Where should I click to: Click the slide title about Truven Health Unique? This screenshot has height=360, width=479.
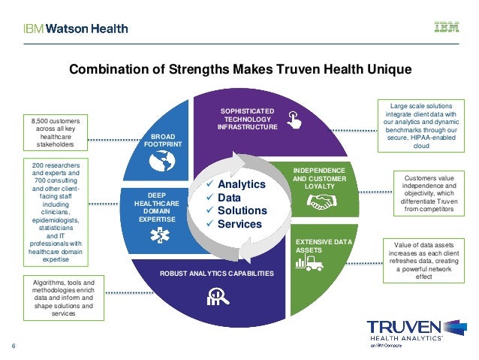click(x=240, y=70)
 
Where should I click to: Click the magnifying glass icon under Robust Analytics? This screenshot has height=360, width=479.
click(x=218, y=296)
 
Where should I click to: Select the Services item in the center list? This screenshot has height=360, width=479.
click(x=239, y=224)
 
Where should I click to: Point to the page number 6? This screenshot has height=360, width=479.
click(x=14, y=346)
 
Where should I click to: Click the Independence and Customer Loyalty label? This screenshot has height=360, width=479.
click(x=319, y=177)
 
